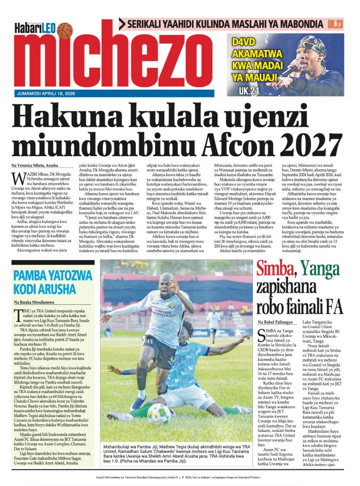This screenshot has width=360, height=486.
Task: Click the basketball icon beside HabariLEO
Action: click(x=64, y=30)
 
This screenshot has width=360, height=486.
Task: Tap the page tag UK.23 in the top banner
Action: click(x=335, y=24)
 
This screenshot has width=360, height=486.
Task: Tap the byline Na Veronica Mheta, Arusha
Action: click(x=35, y=165)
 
